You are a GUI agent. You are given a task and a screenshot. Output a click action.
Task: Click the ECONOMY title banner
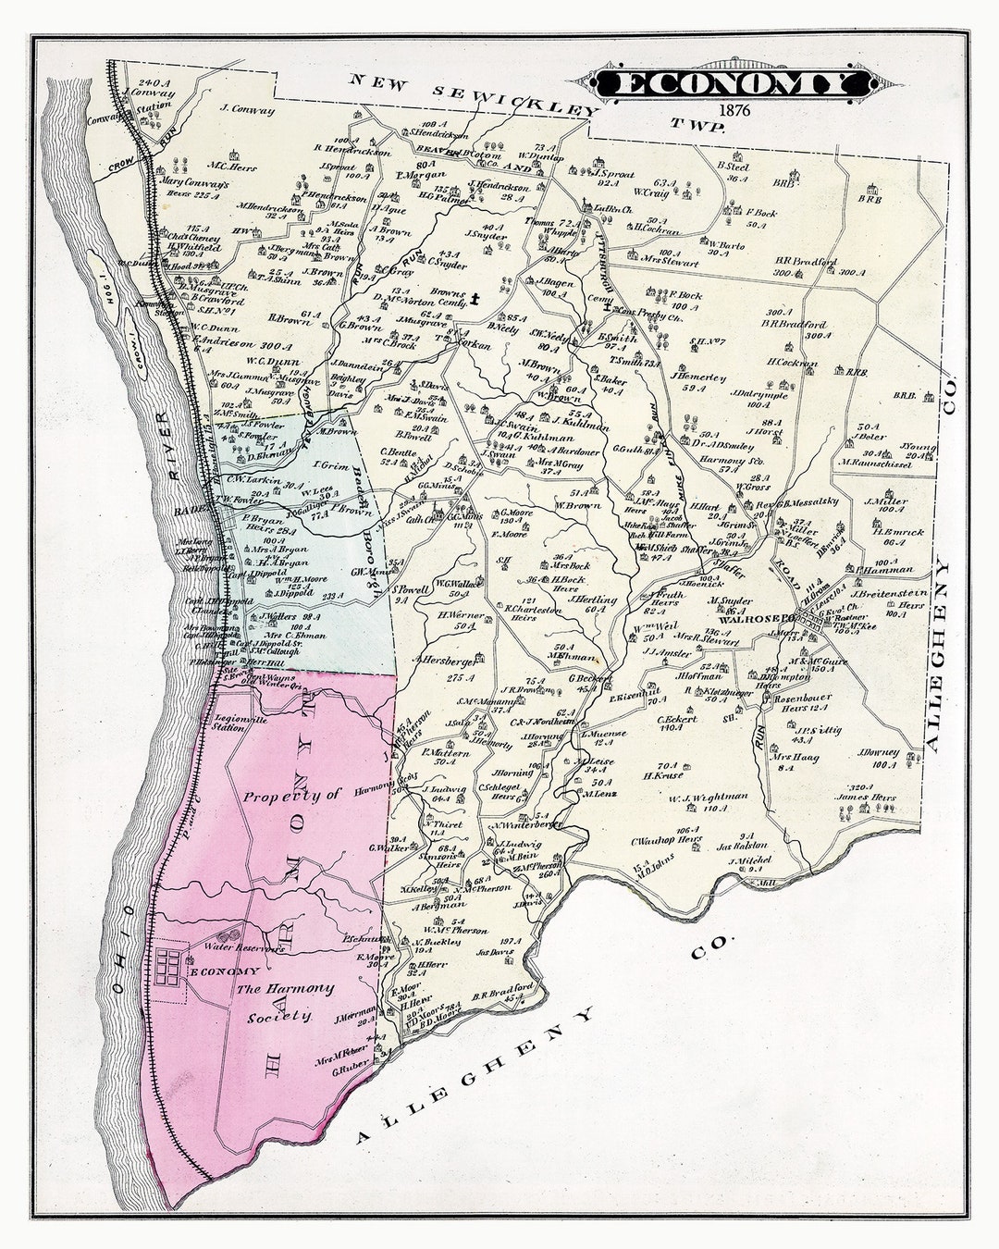tap(731, 84)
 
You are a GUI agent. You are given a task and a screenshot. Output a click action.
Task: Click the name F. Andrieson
tap(225, 339)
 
